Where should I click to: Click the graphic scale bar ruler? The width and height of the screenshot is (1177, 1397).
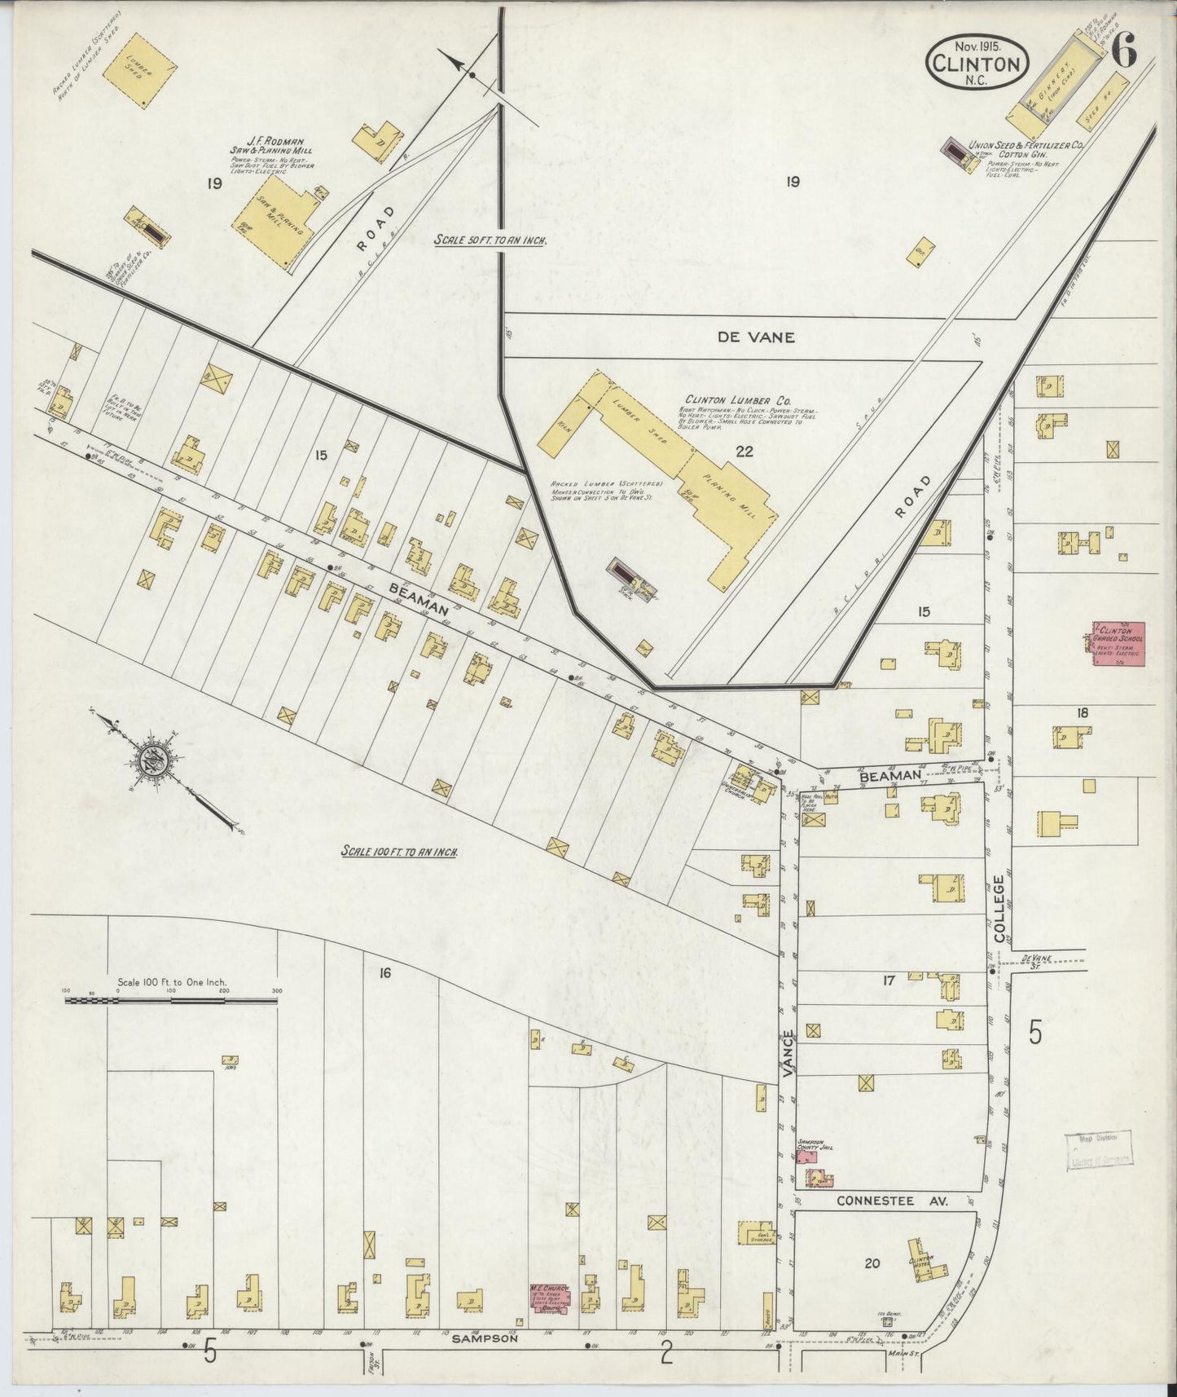pos(171,998)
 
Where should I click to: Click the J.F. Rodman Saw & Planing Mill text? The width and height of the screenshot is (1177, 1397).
pos(272,152)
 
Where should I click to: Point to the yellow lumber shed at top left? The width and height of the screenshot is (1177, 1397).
pos(141,71)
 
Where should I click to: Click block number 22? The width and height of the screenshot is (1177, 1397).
pos(744,452)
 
